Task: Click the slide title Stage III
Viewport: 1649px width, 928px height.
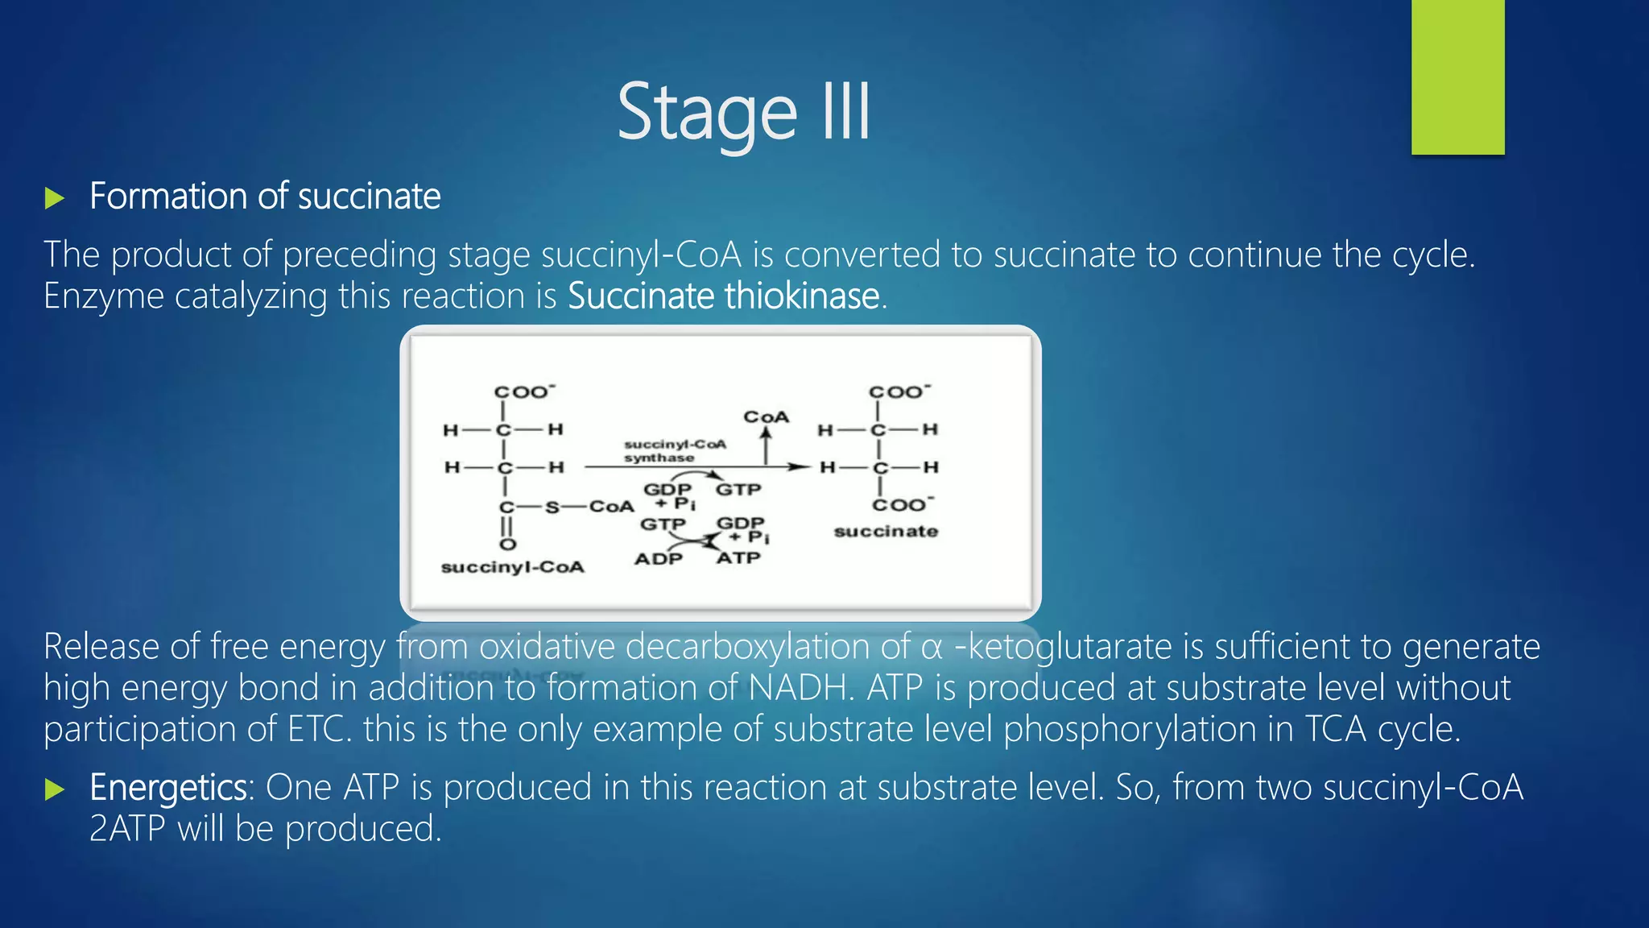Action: click(743, 113)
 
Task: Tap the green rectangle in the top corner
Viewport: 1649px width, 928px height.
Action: click(1457, 77)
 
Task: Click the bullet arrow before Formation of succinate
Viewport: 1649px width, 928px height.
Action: click(54, 198)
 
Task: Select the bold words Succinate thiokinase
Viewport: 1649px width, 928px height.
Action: click(723, 296)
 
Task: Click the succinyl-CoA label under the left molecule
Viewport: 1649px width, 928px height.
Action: click(513, 567)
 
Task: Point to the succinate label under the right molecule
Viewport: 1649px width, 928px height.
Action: click(886, 532)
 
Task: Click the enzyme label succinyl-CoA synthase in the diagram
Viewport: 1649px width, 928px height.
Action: click(674, 451)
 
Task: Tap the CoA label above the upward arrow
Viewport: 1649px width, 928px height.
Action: click(766, 417)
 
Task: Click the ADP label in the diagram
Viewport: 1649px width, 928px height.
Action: click(658, 559)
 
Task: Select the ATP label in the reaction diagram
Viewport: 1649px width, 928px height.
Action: click(738, 558)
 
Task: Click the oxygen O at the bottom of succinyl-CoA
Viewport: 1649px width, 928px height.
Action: click(507, 545)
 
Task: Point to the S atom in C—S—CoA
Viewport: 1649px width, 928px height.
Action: click(552, 507)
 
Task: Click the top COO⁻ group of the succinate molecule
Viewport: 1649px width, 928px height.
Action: click(899, 392)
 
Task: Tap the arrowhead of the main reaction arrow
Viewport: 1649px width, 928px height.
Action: click(800, 466)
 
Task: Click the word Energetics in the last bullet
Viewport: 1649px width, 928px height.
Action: click(168, 788)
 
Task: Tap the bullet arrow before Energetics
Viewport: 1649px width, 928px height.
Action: click(54, 789)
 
